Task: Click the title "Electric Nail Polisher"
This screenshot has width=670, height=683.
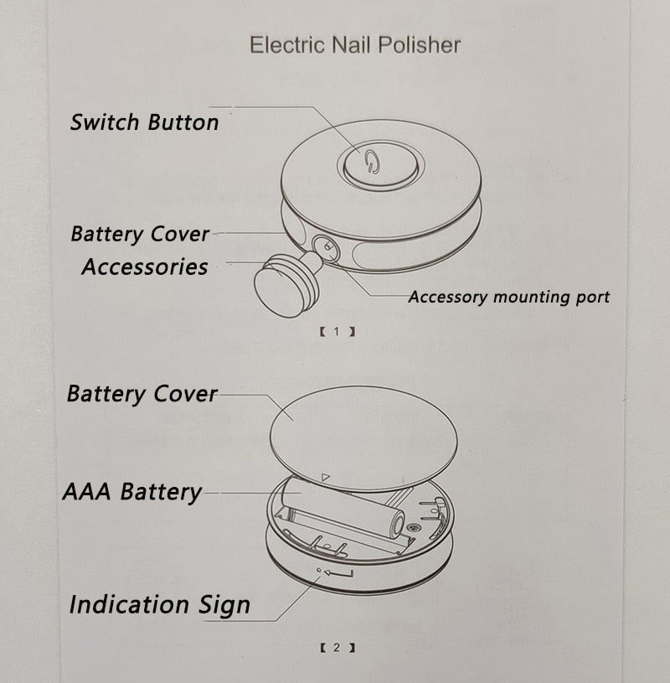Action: [354, 44]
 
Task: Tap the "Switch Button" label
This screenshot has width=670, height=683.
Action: [144, 122]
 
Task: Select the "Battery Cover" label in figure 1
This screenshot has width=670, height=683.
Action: [140, 234]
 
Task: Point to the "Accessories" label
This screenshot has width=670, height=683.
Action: [145, 267]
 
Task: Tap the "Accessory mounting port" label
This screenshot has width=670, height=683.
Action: [508, 297]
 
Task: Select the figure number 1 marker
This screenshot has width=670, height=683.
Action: [337, 332]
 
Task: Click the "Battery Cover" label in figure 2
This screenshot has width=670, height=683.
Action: [142, 394]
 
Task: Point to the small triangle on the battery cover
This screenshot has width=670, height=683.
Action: [327, 479]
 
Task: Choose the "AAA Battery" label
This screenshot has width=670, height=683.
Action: [131, 492]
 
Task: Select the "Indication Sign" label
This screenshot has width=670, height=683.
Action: [159, 604]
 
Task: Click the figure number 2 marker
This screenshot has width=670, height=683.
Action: [337, 648]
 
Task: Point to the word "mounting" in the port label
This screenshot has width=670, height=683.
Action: [526, 297]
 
